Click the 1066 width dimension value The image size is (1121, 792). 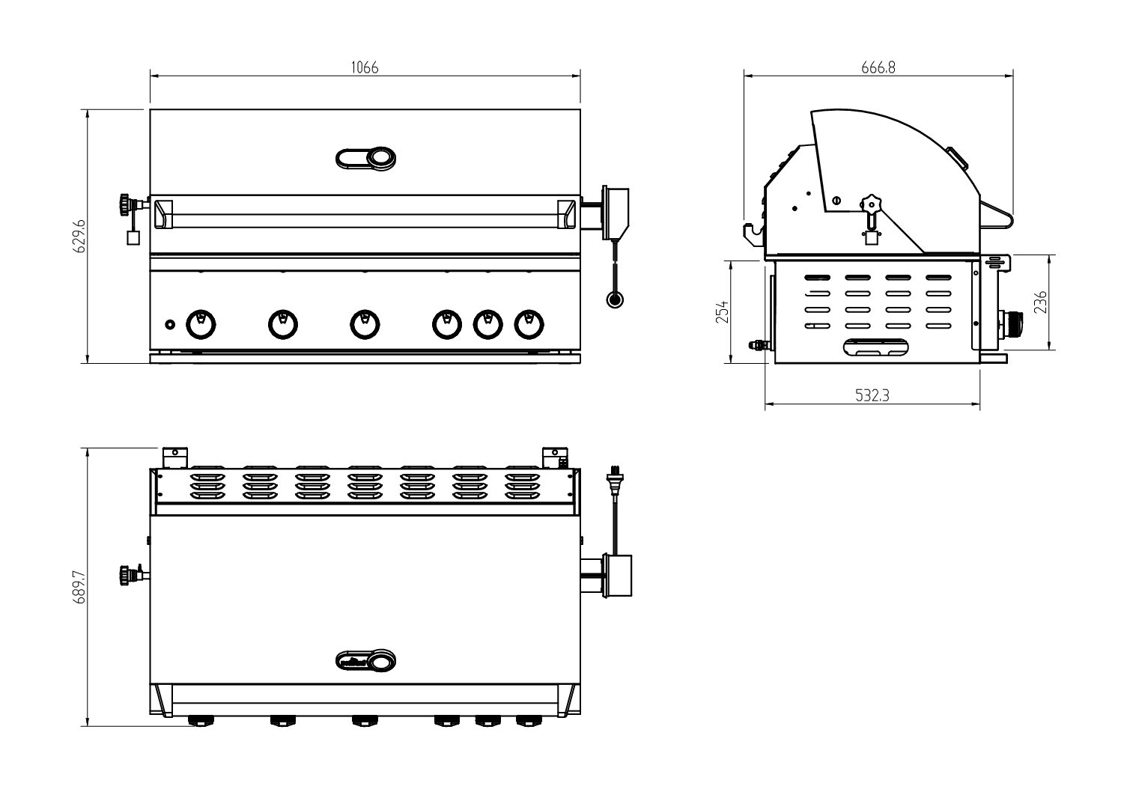365,67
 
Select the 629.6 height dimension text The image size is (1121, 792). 80,237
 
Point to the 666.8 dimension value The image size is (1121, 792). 878,67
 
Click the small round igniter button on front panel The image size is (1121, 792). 170,324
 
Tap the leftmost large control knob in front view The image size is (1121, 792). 201,323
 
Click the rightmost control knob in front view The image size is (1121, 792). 529,323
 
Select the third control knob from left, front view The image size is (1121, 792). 365,323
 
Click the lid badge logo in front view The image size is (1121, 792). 365,159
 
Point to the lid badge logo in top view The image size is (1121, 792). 365,660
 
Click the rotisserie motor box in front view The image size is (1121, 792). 617,212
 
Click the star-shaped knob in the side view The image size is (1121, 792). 869,204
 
